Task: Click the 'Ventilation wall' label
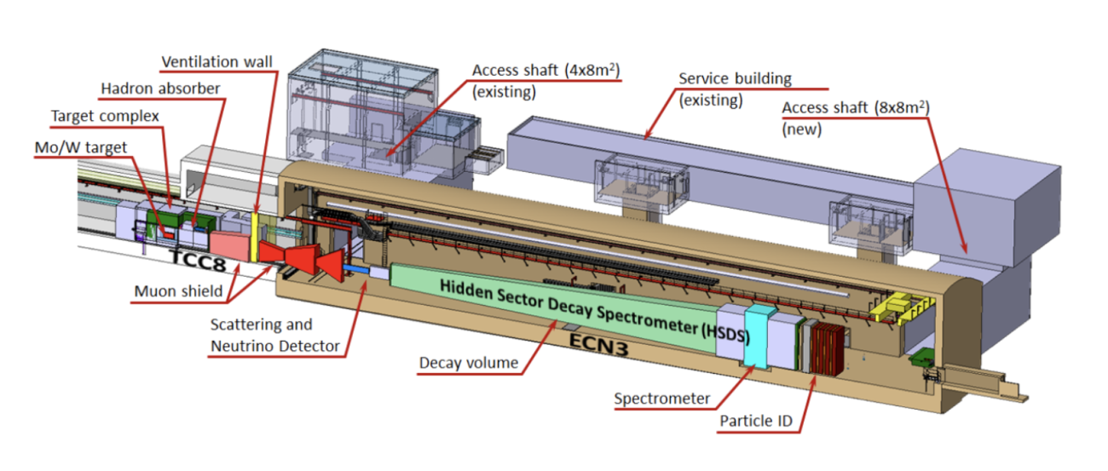[216, 62]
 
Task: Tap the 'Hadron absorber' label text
[160, 89]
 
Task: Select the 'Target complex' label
[105, 116]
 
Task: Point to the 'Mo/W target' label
[81, 147]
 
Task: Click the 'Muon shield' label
[179, 291]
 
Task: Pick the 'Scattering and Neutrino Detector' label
[275, 335]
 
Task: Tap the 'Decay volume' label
[469, 363]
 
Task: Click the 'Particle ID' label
[756, 421]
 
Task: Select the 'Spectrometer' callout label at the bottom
[662, 399]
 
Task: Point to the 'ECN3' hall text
[598, 344]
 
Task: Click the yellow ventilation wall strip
[254, 238]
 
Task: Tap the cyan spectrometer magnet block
[756, 336]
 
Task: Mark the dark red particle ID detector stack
[828, 348]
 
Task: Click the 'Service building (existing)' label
[735, 89]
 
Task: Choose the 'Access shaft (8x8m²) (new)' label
[856, 118]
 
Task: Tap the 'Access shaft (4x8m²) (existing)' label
[545, 81]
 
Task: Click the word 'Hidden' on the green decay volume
[466, 290]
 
